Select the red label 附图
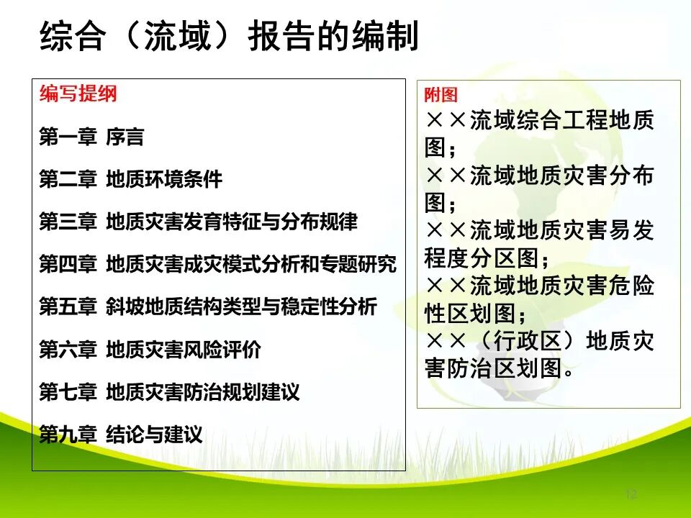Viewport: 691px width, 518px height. coord(441,95)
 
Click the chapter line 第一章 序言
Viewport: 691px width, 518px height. coord(91,137)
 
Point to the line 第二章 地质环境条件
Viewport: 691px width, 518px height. coord(130,179)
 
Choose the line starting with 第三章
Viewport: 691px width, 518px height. coord(198,222)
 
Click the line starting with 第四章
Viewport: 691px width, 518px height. coord(217,264)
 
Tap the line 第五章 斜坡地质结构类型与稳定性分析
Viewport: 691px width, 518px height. coord(208,307)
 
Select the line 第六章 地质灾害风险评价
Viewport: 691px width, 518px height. coord(150,350)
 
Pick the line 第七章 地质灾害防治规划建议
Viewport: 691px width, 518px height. coord(169,392)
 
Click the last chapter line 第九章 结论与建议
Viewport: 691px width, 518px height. coord(121,435)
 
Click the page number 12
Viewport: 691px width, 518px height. coord(631,494)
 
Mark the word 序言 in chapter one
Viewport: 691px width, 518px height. coord(125,137)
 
